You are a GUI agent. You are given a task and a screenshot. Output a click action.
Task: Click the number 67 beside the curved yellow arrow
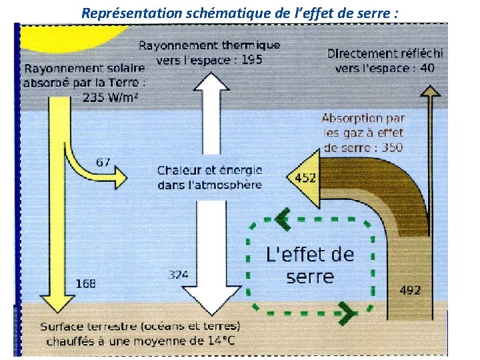[x=103, y=162]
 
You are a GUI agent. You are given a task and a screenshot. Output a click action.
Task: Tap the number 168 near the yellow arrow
[x=85, y=283]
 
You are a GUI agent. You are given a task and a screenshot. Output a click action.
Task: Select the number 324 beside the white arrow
[x=178, y=275]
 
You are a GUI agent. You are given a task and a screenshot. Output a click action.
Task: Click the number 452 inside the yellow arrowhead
[x=305, y=178]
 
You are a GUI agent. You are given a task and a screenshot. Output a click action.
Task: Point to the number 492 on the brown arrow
[x=409, y=290]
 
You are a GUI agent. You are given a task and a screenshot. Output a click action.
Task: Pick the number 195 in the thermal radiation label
[x=251, y=59]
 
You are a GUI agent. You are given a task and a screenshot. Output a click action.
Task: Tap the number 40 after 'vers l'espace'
[x=428, y=67]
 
